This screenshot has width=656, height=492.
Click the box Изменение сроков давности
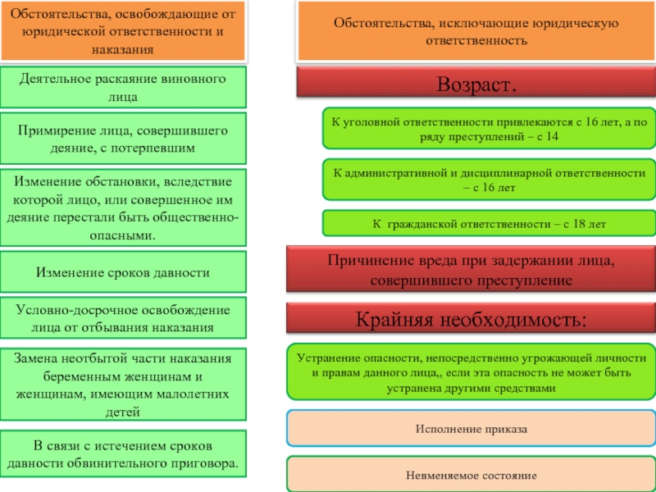(x=123, y=272)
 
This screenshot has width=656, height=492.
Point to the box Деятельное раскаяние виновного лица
(x=123, y=87)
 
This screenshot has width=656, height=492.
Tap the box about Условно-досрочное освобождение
(x=123, y=318)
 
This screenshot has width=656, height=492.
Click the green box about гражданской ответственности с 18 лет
(x=488, y=223)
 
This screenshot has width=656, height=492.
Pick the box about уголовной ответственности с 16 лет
(x=488, y=128)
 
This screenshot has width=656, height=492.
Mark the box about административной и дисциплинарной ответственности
(x=488, y=180)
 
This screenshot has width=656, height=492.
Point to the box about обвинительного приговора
(x=123, y=453)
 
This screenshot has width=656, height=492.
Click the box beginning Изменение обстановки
(x=123, y=207)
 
